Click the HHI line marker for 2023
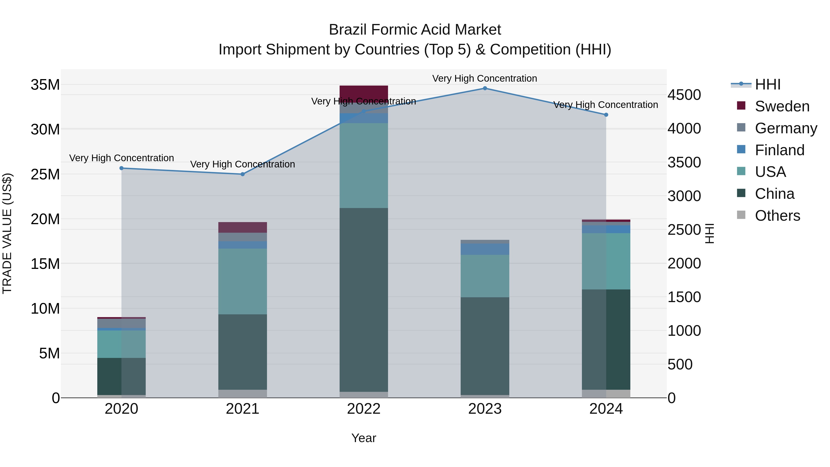coord(485,88)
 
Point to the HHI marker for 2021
coord(243,174)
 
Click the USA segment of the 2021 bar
coord(243,281)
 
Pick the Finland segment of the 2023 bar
coord(485,249)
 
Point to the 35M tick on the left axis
coord(45,85)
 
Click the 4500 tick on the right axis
coord(684,95)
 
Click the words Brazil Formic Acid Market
coord(415,30)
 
